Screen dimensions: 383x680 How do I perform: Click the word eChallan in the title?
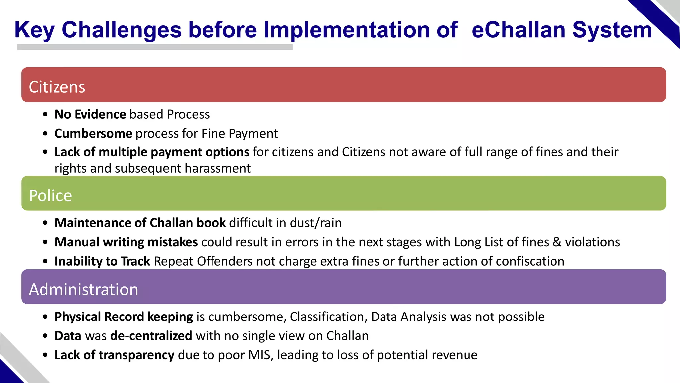click(518, 30)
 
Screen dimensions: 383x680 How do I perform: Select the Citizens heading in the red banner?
click(57, 87)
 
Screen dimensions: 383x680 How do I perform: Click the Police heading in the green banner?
click(50, 195)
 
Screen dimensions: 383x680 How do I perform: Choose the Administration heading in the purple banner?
click(83, 289)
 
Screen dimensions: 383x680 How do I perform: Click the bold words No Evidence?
click(90, 114)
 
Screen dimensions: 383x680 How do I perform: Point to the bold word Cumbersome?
click(93, 134)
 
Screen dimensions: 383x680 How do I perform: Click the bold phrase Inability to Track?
click(102, 261)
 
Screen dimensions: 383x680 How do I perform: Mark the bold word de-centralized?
click(151, 336)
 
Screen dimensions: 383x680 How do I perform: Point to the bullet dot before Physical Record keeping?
click(45, 317)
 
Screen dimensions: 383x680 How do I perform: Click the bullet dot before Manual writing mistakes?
click(45, 242)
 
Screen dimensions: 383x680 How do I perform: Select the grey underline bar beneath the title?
click(155, 47)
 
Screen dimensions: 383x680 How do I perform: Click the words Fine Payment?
click(239, 134)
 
